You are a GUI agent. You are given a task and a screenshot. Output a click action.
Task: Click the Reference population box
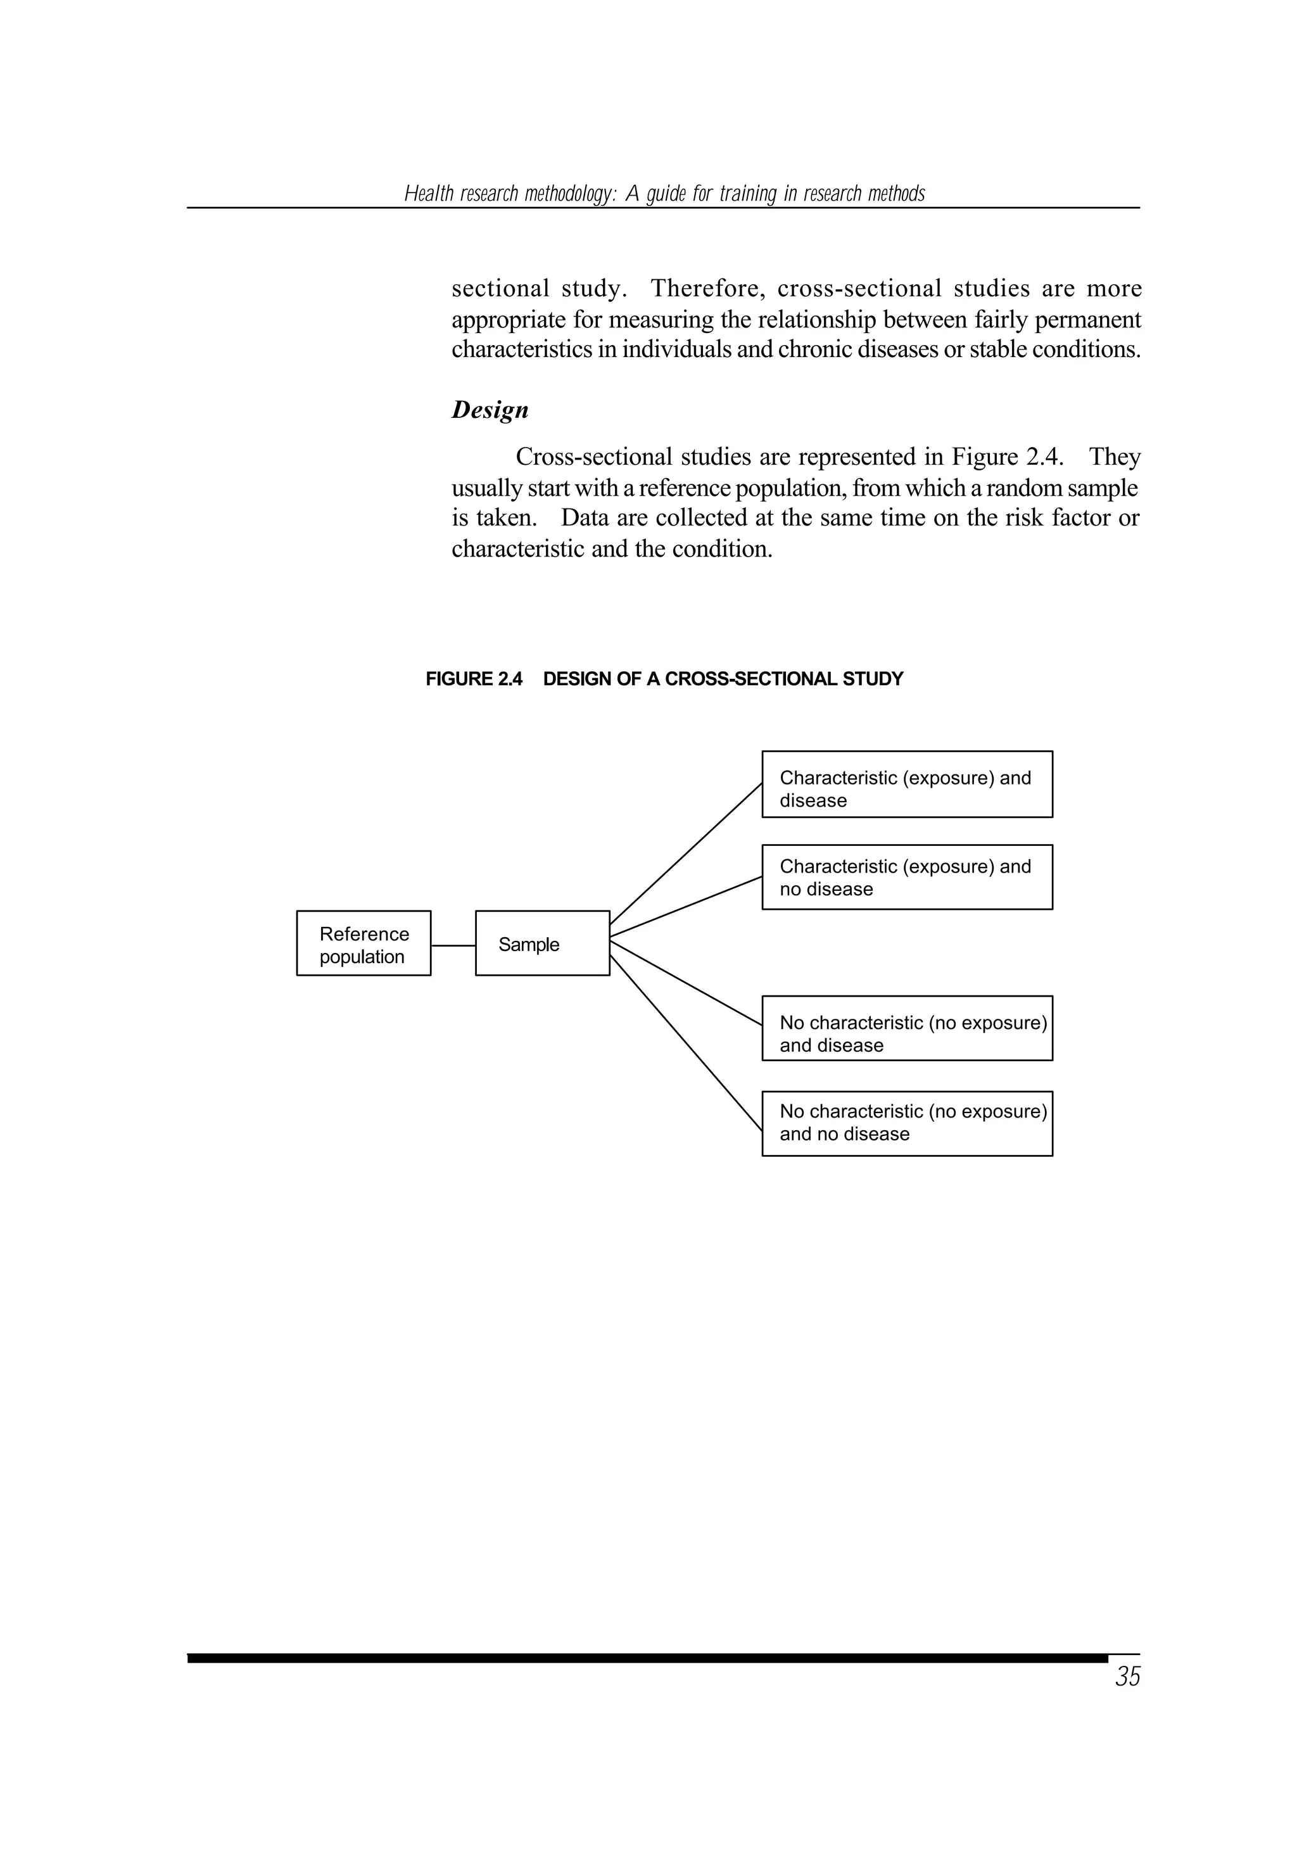[x=364, y=943]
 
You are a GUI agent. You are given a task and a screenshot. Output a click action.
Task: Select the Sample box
[x=542, y=943]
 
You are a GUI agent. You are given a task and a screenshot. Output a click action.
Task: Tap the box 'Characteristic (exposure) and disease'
[x=907, y=784]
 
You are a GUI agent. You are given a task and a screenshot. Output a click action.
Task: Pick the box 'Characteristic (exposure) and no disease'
[x=907, y=878]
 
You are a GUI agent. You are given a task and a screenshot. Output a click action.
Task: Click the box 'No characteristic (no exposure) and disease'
[x=907, y=1028]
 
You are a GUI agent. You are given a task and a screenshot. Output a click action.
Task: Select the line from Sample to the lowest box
[x=686, y=1042]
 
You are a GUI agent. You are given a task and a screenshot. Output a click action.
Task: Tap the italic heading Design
[x=490, y=410]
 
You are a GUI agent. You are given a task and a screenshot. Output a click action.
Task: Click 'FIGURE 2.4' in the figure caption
[x=474, y=679]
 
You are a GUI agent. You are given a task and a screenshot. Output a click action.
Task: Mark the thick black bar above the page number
[x=647, y=1658]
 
